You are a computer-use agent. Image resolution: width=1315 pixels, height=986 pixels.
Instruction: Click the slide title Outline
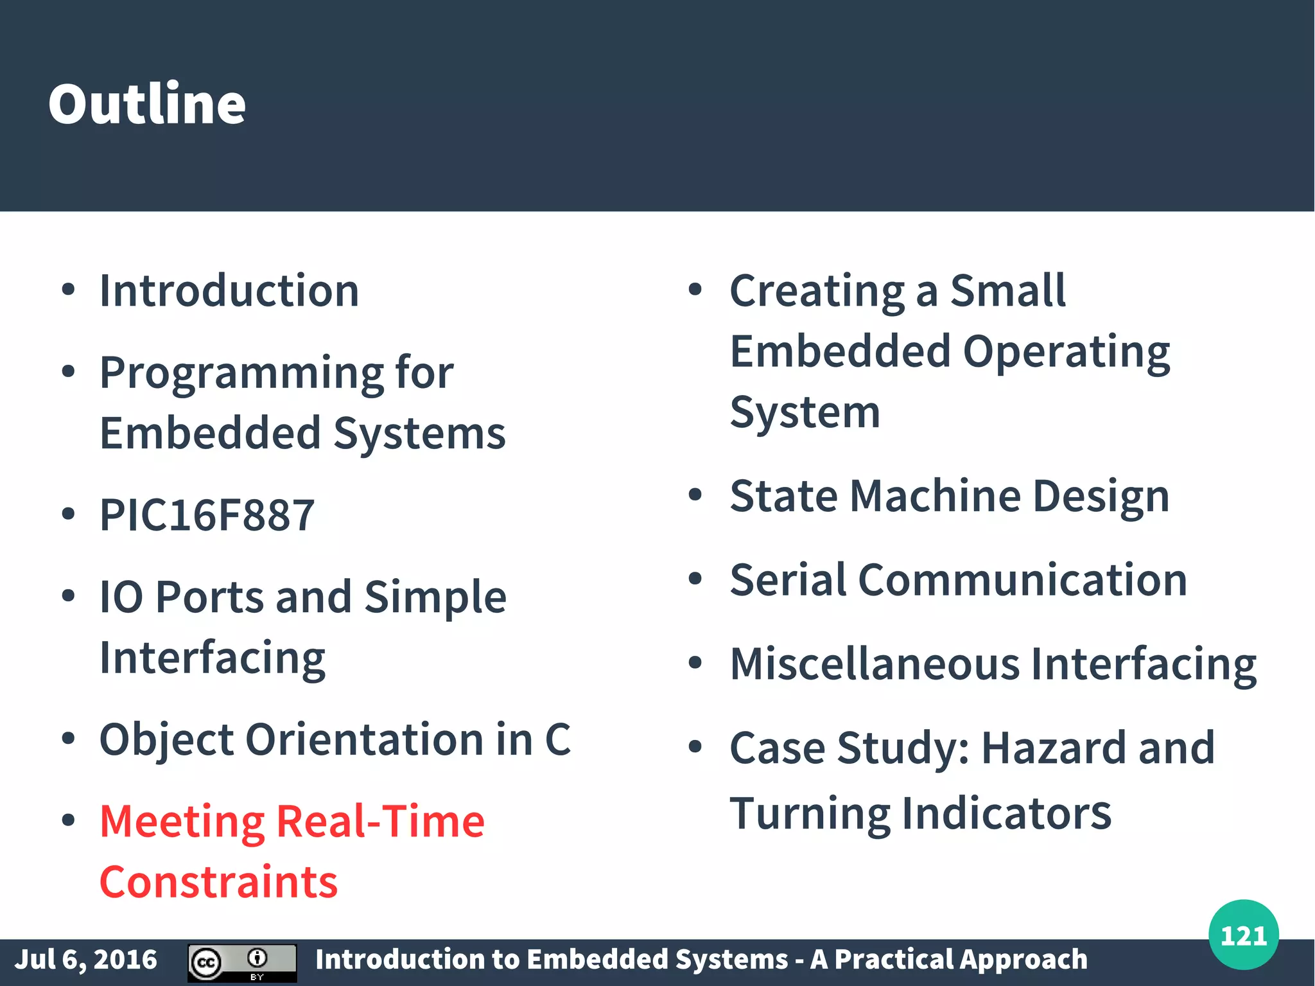(147, 104)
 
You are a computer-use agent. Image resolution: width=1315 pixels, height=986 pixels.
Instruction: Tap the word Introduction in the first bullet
(229, 291)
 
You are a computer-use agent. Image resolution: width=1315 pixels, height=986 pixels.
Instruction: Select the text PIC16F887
(207, 515)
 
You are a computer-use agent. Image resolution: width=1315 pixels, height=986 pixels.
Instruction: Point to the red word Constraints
(218, 882)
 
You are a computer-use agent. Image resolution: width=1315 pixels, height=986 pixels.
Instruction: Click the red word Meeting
(182, 822)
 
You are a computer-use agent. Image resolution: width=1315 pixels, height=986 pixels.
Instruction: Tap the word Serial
(788, 579)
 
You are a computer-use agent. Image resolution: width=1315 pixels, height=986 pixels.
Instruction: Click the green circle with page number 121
(1243, 935)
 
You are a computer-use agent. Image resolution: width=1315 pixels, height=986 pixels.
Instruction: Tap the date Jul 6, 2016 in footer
(85, 960)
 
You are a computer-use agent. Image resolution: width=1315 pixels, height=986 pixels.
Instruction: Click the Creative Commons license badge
(242, 962)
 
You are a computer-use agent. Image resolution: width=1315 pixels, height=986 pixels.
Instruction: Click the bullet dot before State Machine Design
(695, 495)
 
